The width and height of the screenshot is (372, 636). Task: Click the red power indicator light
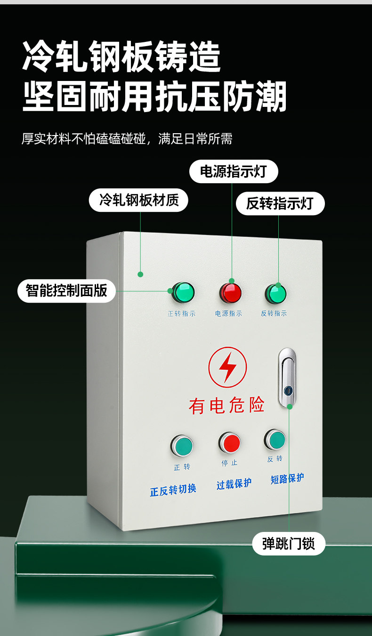(230, 293)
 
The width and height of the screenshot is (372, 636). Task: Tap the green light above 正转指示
(182, 292)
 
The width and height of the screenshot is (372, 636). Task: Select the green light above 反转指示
(275, 293)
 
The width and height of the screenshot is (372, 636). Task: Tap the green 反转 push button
(275, 440)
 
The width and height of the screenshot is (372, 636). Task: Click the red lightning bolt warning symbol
(227, 367)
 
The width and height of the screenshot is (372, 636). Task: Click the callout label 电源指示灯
(234, 171)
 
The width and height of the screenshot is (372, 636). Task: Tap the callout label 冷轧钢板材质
(139, 201)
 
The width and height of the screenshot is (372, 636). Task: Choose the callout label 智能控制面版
(67, 290)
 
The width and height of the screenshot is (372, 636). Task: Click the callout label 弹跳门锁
(288, 544)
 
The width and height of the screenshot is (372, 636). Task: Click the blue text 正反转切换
(173, 490)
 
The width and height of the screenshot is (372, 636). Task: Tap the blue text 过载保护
(234, 483)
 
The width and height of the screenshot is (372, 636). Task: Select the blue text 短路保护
(287, 479)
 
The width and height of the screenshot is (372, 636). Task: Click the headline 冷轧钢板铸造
(121, 56)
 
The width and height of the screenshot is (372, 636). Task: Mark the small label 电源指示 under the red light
(229, 314)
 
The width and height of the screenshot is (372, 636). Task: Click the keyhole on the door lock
(288, 390)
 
